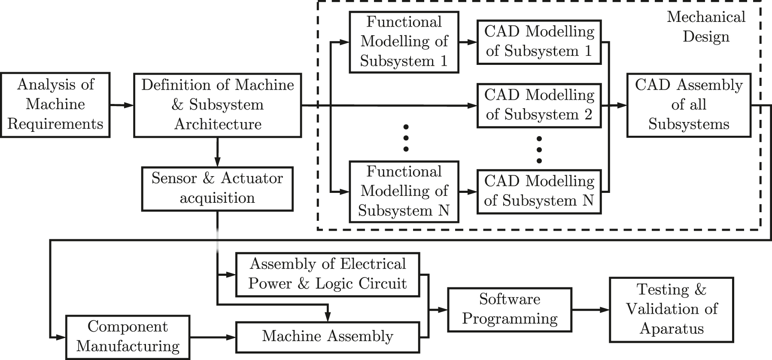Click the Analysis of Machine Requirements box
coord(55,104)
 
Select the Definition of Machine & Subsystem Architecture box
coord(218,104)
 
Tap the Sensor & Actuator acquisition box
coord(217,189)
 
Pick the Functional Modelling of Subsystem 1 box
coord(404,42)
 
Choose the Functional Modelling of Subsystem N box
coord(404,192)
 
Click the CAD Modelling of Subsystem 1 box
coord(539,42)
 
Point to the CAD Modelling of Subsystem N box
coord(539,192)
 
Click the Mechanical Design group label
coord(706,27)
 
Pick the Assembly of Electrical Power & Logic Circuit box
coord(328,274)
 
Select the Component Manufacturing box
coord(128,337)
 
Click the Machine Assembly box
coord(328,337)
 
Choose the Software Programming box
coord(510,309)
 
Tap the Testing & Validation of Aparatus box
coord(672,309)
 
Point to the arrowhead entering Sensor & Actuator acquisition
coord(218,163)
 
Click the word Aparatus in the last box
coord(672,329)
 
